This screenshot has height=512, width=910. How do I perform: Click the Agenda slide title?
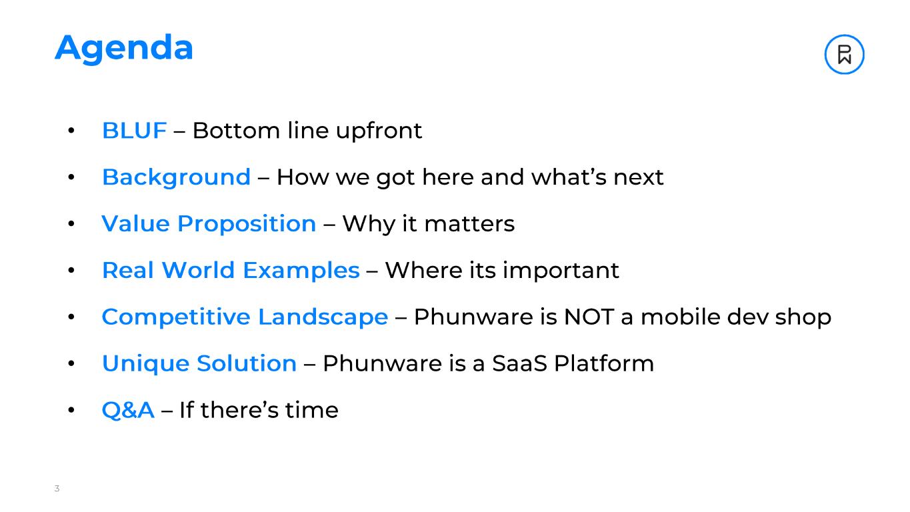(x=124, y=48)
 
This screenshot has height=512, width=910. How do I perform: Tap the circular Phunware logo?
(x=844, y=54)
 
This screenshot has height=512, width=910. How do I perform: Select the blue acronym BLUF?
(x=134, y=131)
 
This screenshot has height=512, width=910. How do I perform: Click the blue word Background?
(x=176, y=177)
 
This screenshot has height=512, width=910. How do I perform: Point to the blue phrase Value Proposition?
(x=209, y=224)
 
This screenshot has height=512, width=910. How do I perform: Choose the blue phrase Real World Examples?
(x=230, y=271)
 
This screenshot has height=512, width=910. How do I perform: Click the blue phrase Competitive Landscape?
(x=245, y=317)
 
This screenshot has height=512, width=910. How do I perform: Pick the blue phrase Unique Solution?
(x=199, y=364)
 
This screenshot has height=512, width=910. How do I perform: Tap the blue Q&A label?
(x=128, y=410)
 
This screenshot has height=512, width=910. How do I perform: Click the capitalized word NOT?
(x=589, y=317)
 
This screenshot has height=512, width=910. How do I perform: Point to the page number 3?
(x=57, y=489)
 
